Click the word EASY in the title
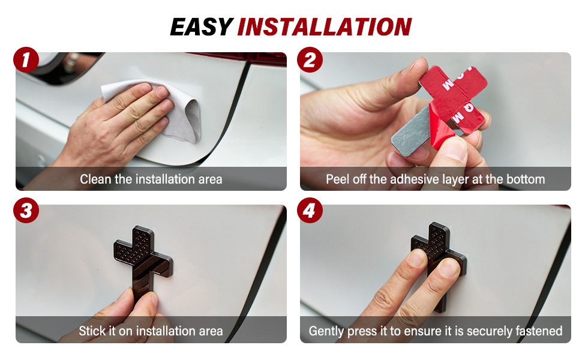(x=202, y=27)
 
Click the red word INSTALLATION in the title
(x=325, y=27)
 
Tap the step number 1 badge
(x=26, y=59)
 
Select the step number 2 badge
(x=310, y=59)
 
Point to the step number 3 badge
(x=26, y=211)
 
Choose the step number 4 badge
(x=310, y=211)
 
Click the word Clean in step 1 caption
(x=95, y=179)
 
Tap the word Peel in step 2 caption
(x=337, y=179)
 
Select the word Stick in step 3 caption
(x=92, y=331)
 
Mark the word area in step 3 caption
(x=211, y=331)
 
